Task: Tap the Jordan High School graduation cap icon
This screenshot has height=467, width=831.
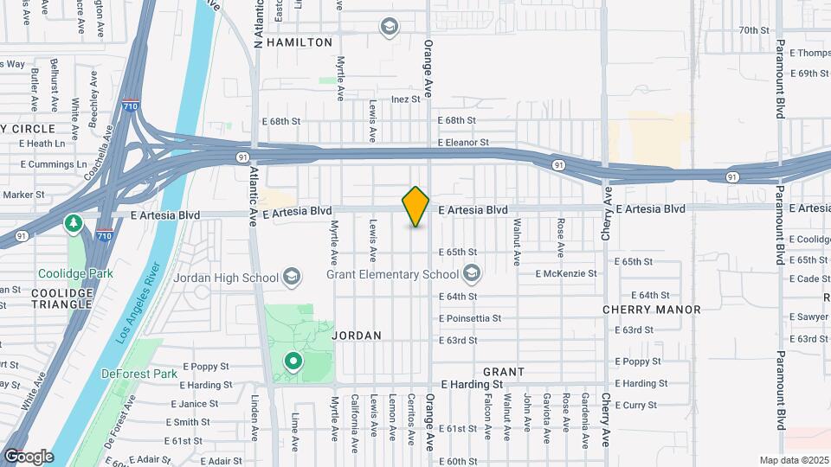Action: (293, 277)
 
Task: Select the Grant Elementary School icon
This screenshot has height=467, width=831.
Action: (472, 275)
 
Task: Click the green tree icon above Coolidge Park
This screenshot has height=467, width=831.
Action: (74, 225)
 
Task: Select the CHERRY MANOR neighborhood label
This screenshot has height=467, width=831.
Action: (652, 310)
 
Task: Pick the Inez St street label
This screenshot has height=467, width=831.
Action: (405, 99)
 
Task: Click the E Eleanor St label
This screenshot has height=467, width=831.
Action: (463, 142)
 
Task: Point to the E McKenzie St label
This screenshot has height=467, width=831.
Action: (566, 273)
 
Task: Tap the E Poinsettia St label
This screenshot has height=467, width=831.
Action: (470, 318)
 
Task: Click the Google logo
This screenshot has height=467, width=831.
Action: (29, 456)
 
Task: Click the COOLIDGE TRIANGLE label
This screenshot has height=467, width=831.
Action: (61, 298)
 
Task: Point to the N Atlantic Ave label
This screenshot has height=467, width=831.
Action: (257, 24)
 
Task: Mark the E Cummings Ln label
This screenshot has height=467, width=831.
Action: (53, 164)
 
